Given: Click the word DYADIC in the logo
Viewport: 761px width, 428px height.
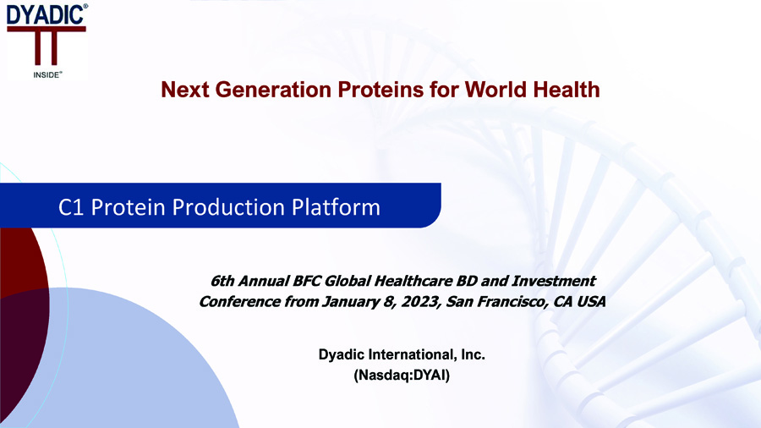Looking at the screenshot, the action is pos(45,14).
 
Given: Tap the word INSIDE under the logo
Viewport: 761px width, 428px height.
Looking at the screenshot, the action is pos(47,75).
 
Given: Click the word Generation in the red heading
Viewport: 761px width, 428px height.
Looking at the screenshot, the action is pos(273,90).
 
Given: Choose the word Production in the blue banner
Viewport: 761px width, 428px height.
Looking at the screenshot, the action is pos(228,207).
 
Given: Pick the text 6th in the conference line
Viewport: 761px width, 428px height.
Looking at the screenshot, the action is pos(222,281).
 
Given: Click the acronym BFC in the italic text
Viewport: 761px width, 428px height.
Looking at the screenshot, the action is pos(306,281).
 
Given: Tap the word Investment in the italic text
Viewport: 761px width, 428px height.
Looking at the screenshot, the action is pos(554,281).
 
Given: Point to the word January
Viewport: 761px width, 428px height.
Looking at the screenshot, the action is pos(350,302).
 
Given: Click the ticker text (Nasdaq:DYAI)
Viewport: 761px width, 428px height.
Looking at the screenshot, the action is pos(402,375).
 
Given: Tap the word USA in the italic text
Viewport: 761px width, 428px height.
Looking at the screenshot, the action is pos(591,302).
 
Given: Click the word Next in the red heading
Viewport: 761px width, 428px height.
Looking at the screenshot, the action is pos(185,90).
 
